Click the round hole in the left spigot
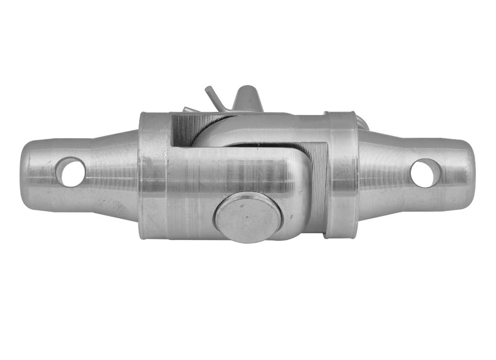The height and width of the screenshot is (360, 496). coord(70,172)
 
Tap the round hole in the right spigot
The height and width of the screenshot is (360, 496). coord(425,173)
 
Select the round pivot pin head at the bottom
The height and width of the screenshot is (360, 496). coord(248,217)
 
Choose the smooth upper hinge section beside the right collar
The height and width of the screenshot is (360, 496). coord(297,127)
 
